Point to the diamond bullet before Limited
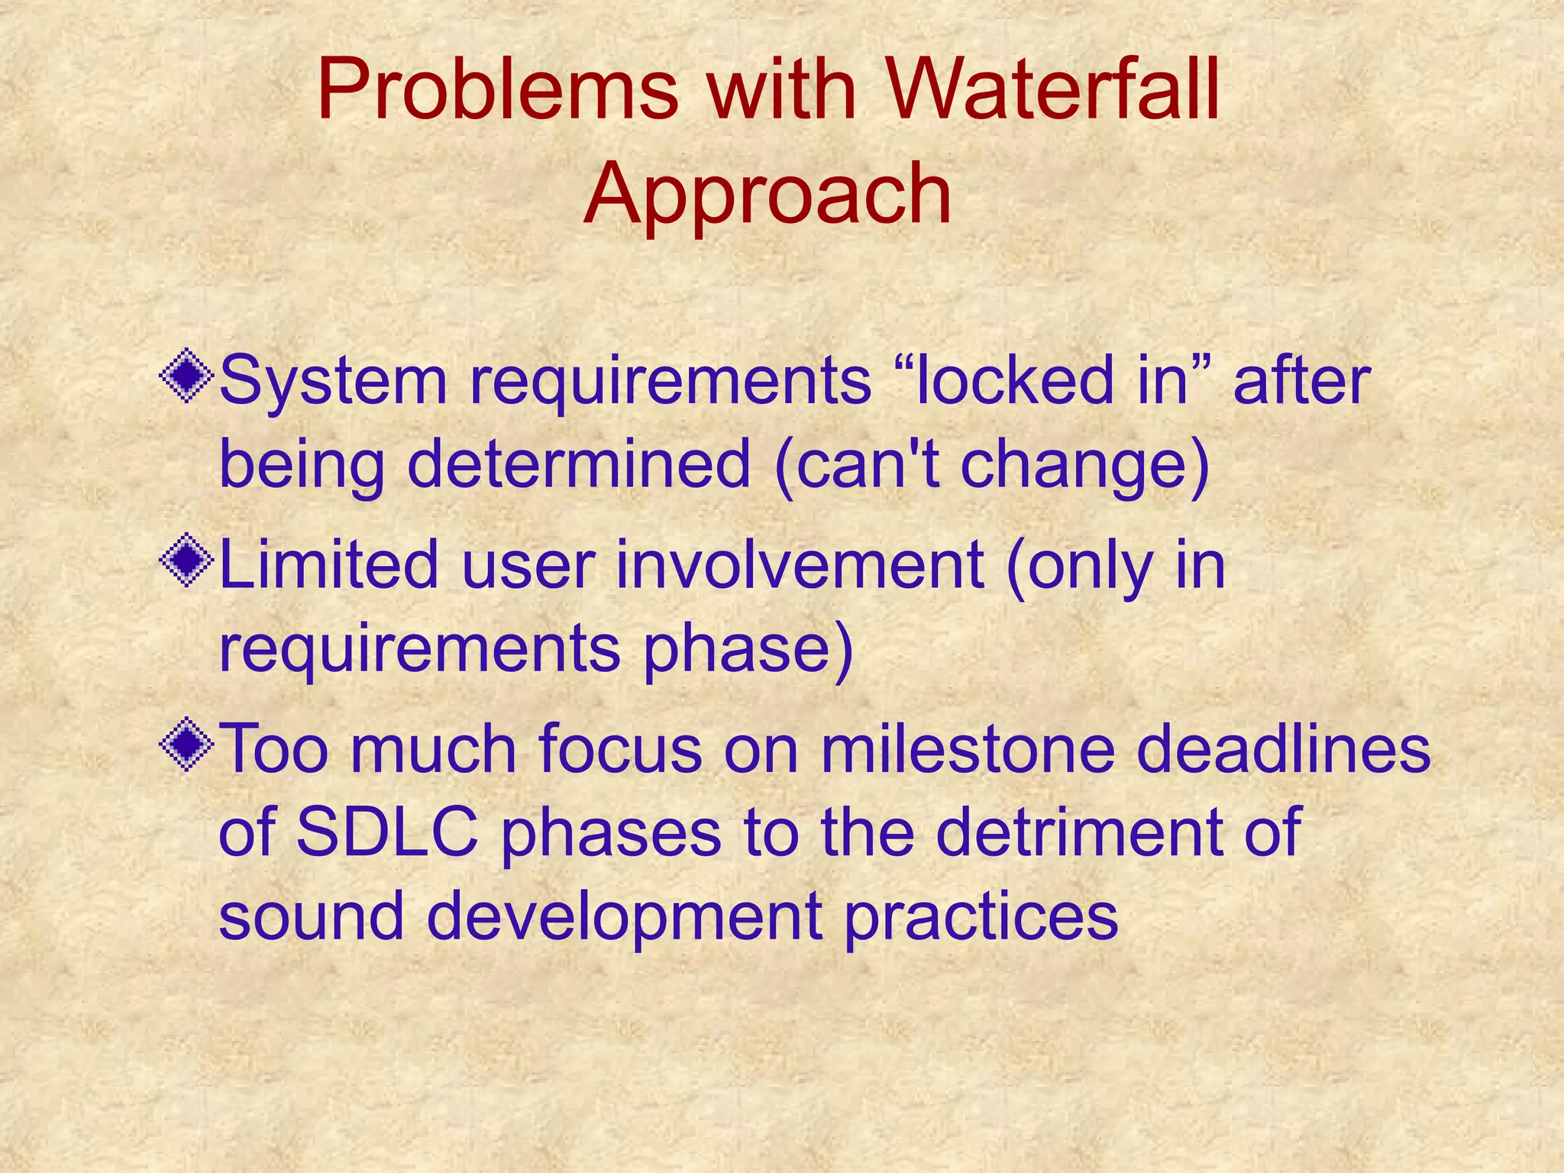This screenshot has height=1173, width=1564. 186,561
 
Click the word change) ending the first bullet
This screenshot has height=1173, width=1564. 1084,466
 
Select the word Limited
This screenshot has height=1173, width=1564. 328,565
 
